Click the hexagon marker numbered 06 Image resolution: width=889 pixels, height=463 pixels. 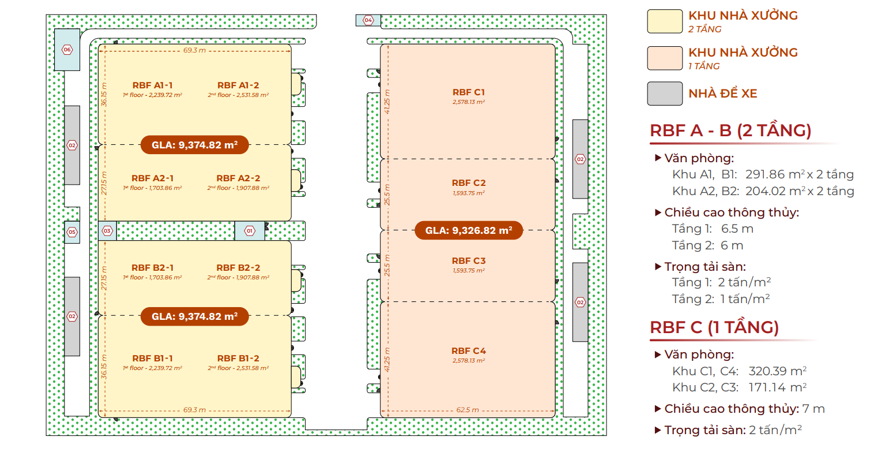pos(67,50)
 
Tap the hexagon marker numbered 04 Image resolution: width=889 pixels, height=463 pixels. pos(368,20)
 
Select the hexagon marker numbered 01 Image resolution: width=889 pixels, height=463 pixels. pos(250,231)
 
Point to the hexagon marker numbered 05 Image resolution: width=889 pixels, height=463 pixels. pos(72,232)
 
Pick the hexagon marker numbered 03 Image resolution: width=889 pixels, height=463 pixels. pos(107,231)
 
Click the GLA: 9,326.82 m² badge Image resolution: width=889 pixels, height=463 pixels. pos(468,231)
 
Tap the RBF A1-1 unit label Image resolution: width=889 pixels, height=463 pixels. pos(152,85)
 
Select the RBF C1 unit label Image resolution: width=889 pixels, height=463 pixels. pos(469,92)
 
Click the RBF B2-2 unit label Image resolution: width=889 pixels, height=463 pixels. pos(238,268)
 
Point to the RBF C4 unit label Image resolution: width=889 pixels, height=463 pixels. pos(469,351)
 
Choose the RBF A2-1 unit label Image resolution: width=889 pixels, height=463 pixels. pos(152,178)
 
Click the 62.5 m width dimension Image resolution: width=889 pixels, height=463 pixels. pos(468,410)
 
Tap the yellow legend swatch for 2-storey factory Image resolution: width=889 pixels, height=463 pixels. pos(665,21)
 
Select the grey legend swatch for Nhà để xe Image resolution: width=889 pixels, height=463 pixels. pos(665,94)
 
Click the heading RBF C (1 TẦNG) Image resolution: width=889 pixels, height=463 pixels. pos(714,328)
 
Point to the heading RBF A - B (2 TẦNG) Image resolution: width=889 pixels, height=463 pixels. pos(730,131)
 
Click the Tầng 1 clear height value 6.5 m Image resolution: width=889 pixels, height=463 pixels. pos(737,229)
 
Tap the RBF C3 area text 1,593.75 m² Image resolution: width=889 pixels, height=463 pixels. pos(469,271)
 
